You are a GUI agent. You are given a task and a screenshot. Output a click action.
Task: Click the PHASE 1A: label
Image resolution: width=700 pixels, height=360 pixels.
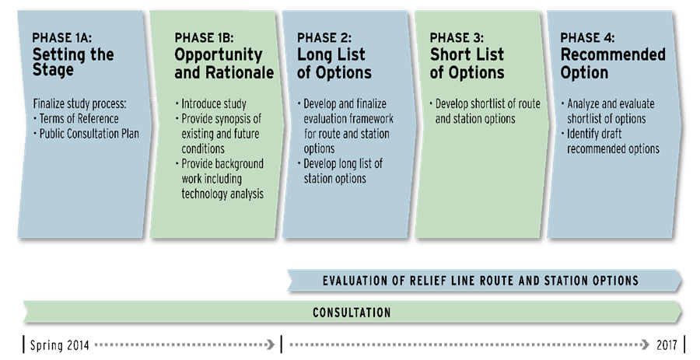tap(62, 38)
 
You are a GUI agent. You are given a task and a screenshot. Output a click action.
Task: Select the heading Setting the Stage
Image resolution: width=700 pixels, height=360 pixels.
tap(73, 62)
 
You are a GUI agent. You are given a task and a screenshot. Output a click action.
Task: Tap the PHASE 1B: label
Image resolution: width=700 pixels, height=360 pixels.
tap(204, 38)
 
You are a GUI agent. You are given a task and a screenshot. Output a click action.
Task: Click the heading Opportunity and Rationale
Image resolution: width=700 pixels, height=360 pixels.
tap(224, 63)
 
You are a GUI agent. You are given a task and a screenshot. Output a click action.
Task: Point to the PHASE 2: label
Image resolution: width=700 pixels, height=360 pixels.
tap(324, 38)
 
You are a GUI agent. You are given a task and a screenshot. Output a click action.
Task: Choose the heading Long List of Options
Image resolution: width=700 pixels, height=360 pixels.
tap(334, 63)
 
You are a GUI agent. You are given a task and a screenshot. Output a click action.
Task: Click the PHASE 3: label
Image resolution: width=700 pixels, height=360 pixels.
tap(457, 38)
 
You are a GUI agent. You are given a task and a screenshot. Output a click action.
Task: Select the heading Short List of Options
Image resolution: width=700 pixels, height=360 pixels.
tap(467, 63)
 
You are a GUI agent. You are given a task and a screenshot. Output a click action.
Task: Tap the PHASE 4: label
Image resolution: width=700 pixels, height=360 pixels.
tap(587, 38)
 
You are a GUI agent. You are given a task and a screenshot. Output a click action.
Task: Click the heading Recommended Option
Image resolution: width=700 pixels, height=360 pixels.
tap(613, 63)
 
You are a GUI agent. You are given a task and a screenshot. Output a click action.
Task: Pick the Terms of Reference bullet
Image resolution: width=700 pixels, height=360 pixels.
tap(76, 119)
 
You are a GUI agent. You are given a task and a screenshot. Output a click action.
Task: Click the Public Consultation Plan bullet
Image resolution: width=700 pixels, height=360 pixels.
tap(86, 134)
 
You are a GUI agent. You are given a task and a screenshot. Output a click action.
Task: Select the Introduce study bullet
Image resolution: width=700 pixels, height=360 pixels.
tap(211, 104)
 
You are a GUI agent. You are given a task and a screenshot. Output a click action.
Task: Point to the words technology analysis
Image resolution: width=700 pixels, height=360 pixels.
tap(222, 194)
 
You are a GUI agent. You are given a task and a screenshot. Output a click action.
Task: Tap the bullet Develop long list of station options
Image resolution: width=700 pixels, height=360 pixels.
tap(340, 171)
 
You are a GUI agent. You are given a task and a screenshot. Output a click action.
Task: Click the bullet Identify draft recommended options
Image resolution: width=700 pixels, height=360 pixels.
tap(611, 141)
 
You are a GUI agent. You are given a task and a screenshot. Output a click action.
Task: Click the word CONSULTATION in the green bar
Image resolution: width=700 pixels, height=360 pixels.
tap(352, 313)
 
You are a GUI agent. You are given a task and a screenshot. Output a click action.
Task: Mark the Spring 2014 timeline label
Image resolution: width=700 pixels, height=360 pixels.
tap(59, 344)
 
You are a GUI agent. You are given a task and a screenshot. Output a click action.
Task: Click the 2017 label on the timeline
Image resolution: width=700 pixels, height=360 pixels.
tap(667, 344)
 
